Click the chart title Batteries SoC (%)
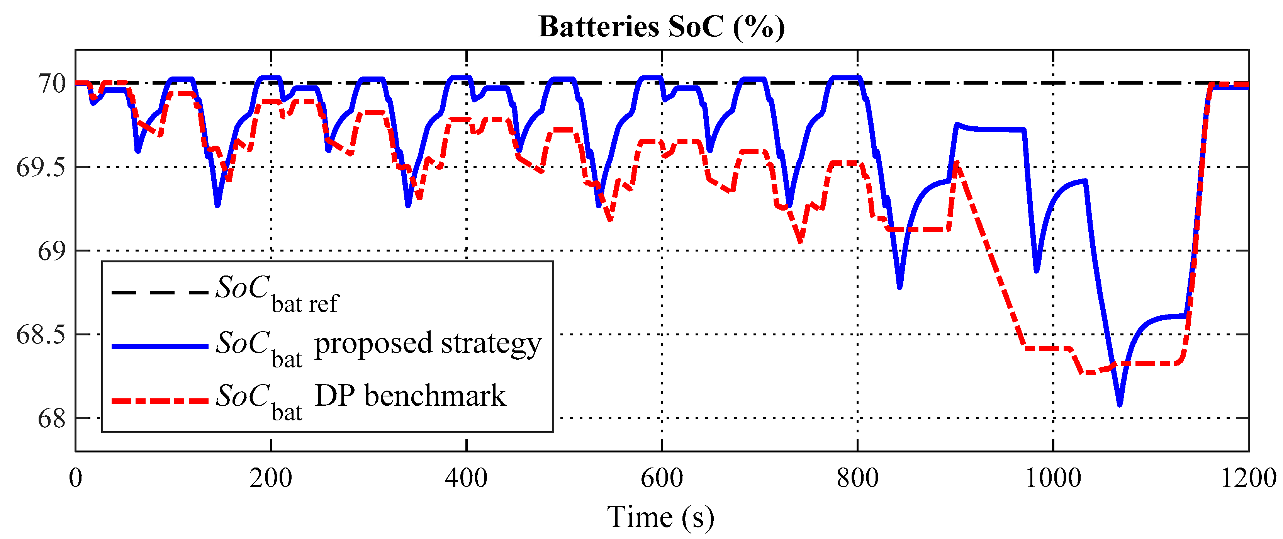coord(662,27)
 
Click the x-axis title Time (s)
coord(660,517)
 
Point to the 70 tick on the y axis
coord(52,83)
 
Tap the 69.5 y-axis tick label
coord(41,167)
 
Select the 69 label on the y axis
coord(52,251)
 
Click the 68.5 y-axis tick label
coord(41,334)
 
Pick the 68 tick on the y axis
coord(52,418)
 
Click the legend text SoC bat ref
coord(277,294)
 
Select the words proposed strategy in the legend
coord(427,344)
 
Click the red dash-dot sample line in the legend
coord(160,401)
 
